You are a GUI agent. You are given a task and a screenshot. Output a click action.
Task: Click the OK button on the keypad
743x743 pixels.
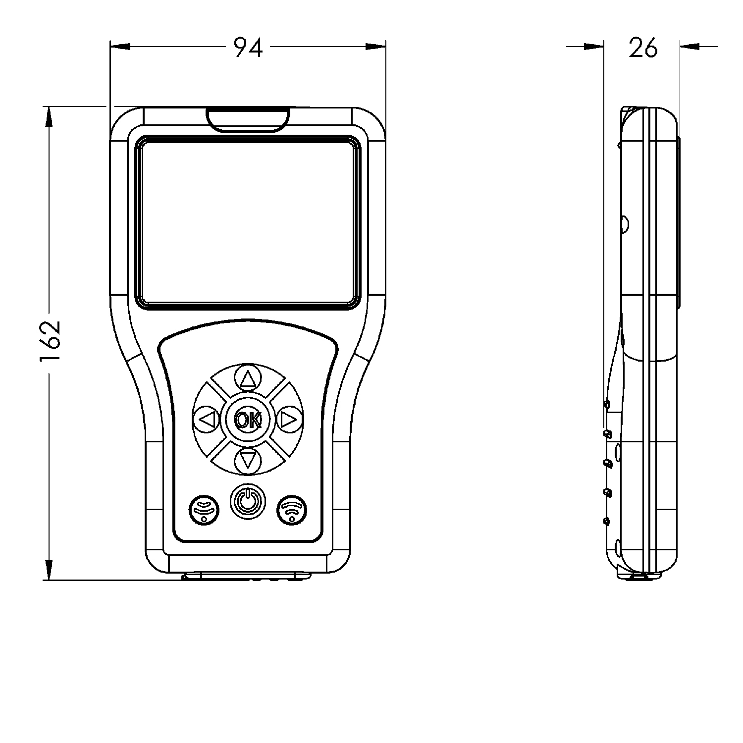pyautogui.click(x=248, y=420)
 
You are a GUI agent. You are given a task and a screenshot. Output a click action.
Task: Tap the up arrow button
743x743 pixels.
pyautogui.click(x=248, y=379)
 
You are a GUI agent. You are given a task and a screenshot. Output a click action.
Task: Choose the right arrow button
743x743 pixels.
pyautogui.click(x=288, y=420)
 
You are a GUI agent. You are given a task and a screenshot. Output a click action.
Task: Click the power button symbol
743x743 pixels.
pyautogui.click(x=247, y=501)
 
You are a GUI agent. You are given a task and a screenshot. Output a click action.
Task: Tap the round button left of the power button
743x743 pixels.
pyautogui.click(x=204, y=509)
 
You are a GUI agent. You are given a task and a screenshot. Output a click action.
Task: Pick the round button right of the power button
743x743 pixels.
pyautogui.click(x=291, y=509)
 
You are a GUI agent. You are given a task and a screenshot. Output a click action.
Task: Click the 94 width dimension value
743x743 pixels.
pyautogui.click(x=248, y=48)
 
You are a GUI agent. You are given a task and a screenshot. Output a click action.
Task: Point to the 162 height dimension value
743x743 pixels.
pyautogui.click(x=50, y=342)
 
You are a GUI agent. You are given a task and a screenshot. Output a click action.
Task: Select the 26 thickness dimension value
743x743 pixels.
pyautogui.click(x=643, y=48)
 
